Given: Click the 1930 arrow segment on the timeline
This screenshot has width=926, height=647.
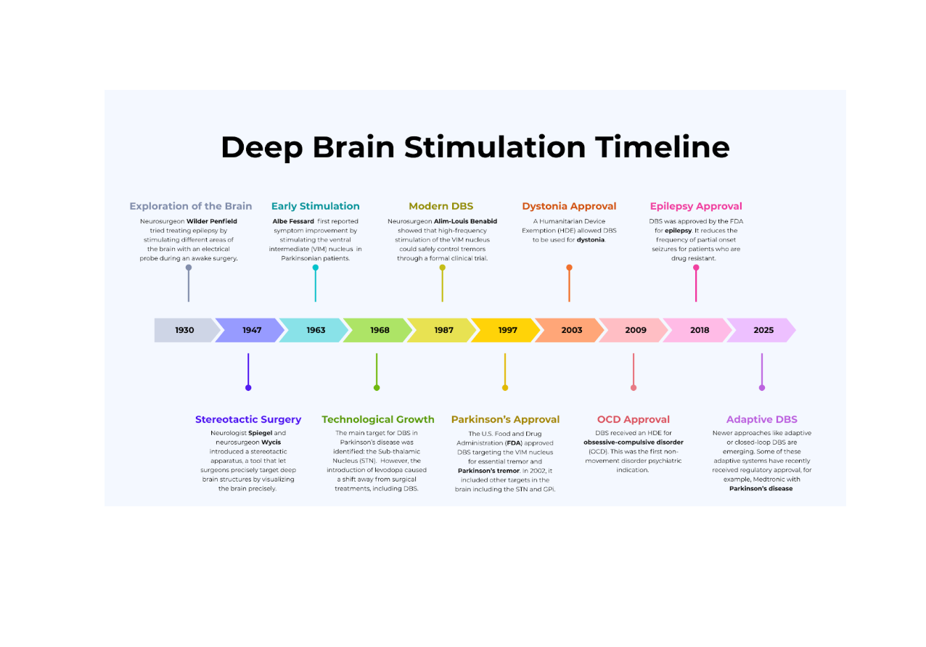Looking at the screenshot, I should pos(184,330).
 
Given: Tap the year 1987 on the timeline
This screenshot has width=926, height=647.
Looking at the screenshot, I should pos(443,330).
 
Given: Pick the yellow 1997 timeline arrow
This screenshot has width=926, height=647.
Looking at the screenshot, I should pos(507,330).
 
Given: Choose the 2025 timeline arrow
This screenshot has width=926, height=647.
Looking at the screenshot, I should pos(763,330).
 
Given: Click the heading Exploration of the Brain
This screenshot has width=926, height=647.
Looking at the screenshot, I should pos(191,206).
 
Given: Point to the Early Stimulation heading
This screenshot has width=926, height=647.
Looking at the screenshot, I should pos(315,206).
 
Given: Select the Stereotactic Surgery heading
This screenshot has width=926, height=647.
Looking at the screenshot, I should pos(248,419).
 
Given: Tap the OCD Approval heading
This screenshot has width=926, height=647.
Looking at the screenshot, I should pos(633,419).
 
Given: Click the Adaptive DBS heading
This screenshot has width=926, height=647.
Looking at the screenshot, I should pos(761,419).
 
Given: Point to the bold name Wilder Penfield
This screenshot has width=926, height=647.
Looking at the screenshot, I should pos(212,221).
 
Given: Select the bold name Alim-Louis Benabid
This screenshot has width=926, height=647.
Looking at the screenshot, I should pos(465,221).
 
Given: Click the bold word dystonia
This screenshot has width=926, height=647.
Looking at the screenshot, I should pos(591,239).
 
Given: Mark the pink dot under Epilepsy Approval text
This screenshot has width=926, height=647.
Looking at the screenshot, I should pos(696,268).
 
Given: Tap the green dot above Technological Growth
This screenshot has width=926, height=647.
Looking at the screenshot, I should pos(377,387).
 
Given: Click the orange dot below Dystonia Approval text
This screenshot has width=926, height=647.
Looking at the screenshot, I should pos(569,268).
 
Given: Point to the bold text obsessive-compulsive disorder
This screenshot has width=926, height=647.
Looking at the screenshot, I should pos(633,442).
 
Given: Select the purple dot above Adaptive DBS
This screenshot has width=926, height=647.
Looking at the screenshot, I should pos(761,387).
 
